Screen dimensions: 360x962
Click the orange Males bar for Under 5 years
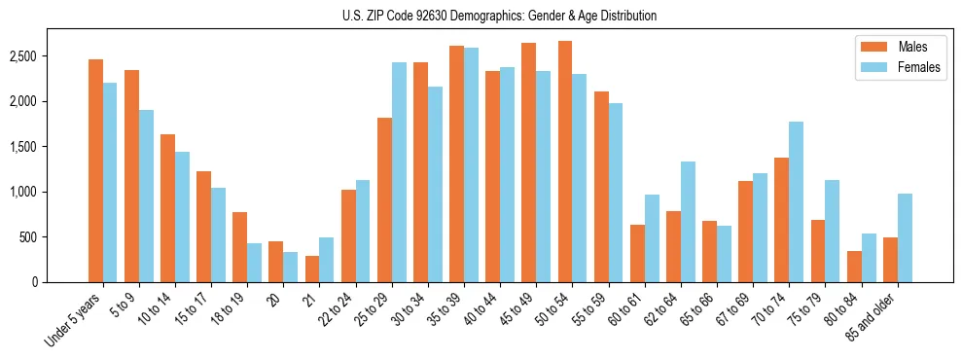pos(95,171)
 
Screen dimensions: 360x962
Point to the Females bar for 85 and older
pos(905,238)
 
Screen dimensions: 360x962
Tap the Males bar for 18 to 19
pos(239,247)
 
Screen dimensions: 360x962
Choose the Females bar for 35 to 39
pos(471,164)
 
